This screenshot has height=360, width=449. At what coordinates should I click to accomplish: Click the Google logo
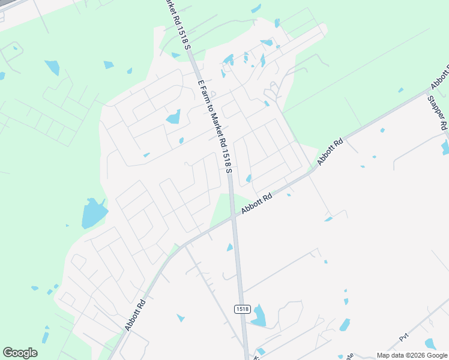pos(20,353)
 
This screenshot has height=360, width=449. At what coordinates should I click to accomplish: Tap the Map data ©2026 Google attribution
pos(411,355)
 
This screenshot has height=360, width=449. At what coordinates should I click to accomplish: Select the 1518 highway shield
pos(243,308)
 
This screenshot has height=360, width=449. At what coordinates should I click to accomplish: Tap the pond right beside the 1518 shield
pos(259,316)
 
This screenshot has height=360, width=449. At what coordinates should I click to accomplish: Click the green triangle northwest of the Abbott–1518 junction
pos(222,208)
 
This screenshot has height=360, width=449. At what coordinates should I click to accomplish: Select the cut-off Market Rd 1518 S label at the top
pos(176,24)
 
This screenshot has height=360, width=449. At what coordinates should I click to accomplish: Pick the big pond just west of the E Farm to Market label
pos(173,116)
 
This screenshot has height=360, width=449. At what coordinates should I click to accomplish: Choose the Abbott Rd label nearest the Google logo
pos(136,314)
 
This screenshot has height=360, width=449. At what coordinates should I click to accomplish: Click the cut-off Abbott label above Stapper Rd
pos(439,78)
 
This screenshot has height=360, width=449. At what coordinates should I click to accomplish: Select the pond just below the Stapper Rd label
pos(445,146)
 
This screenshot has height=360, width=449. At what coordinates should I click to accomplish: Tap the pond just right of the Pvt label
pos(430,344)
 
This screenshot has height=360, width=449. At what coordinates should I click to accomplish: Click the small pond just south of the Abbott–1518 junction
pos(230,247)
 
